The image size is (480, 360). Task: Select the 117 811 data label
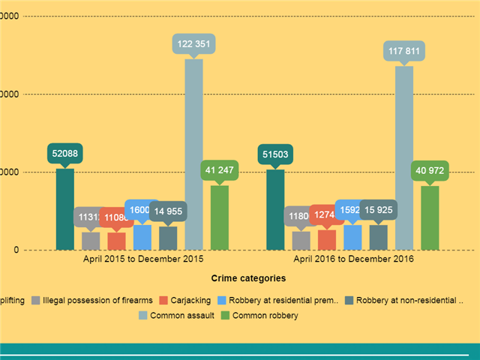tap(404, 52)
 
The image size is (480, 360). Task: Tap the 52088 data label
tap(65, 154)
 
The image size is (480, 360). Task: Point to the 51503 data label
tap(275, 154)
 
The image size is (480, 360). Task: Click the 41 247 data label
tap(219, 170)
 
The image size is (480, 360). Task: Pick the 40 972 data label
tap(430, 171)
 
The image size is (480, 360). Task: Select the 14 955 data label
tap(168, 211)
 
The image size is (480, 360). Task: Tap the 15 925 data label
tap(379, 211)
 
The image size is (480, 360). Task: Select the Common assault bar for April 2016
tap(404, 157)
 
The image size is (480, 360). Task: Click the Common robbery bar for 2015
tap(219, 217)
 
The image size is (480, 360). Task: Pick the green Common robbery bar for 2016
tap(430, 217)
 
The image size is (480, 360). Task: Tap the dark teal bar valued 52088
tap(65, 209)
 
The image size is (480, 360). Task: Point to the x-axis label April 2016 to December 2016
tap(353, 259)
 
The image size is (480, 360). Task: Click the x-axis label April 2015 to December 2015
tap(142, 259)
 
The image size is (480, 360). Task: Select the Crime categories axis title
tap(247, 278)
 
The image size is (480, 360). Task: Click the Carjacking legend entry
tap(187, 301)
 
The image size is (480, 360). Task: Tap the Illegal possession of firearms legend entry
tap(97, 301)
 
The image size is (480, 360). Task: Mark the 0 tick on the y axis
tap(16, 250)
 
